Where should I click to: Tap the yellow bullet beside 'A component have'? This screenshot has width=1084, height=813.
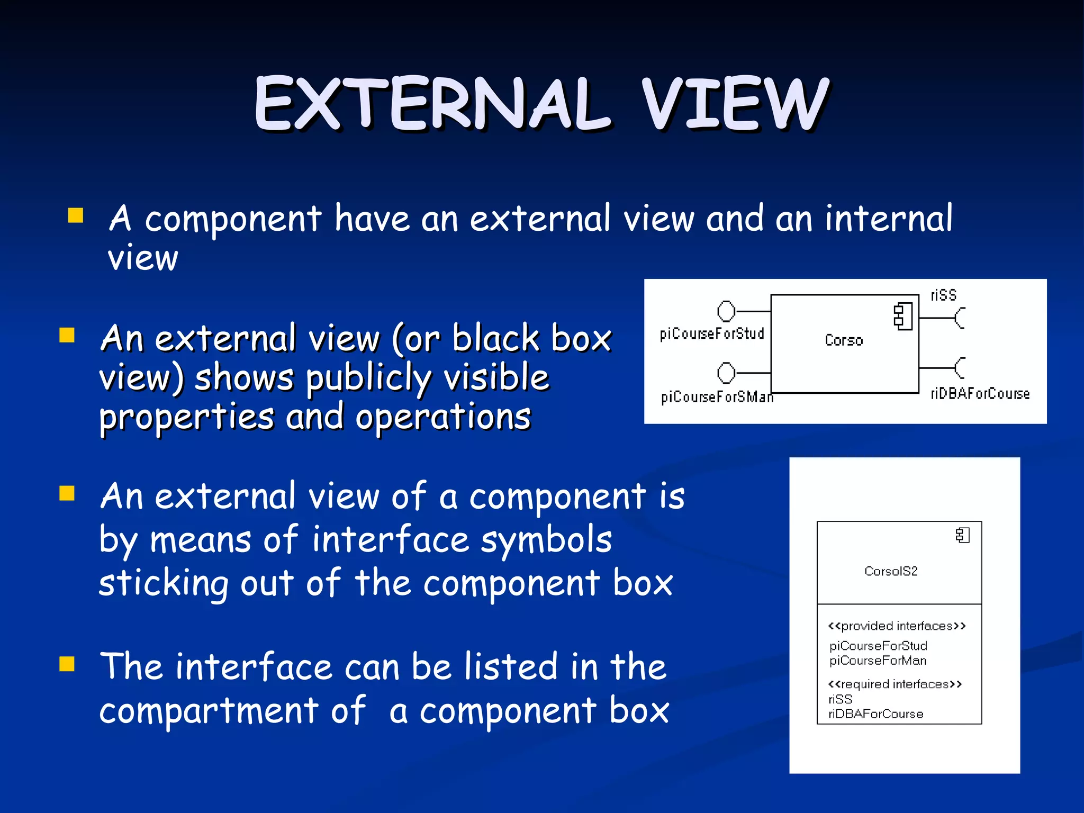(76, 215)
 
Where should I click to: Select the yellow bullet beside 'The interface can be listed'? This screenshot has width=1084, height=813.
(67, 664)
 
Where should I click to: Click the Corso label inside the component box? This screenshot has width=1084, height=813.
(844, 340)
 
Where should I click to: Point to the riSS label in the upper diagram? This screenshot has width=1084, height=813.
(943, 295)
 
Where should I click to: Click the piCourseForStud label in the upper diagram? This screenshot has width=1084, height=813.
(712, 333)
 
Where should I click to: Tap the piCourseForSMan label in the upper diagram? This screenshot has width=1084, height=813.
(717, 397)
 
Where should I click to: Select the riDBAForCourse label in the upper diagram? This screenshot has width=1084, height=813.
(980, 394)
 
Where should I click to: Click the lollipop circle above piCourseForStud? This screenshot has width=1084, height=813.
(726, 311)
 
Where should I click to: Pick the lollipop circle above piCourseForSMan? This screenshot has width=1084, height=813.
(726, 373)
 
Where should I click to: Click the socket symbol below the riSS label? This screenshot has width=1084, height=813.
(960, 318)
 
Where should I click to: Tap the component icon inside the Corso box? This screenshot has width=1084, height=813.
(903, 317)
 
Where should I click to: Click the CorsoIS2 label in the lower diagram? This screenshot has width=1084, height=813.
(891, 571)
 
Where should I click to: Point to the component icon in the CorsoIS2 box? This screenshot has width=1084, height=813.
(963, 536)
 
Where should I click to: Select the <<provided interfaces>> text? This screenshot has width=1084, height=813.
(897, 626)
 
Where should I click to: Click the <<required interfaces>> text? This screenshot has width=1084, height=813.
(895, 684)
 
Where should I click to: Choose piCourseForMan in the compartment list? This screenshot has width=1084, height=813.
(878, 661)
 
